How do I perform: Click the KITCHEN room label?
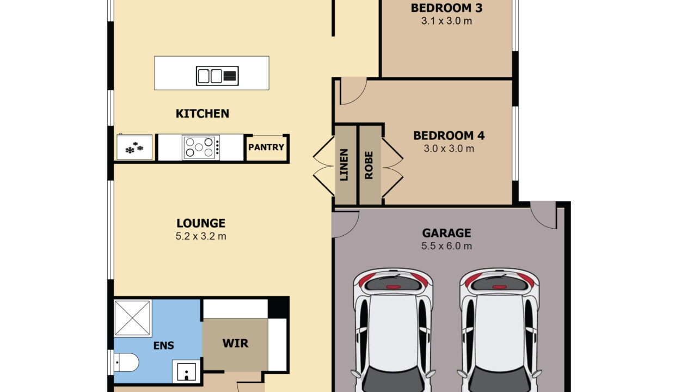tap(202, 114)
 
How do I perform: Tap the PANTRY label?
tap(266, 148)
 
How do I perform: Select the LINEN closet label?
tap(344, 164)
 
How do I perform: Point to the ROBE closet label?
tap(369, 165)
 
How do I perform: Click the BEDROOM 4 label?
tap(449, 136)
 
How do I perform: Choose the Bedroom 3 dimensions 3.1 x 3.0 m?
tap(446, 21)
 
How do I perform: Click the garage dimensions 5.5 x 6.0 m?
tap(446, 246)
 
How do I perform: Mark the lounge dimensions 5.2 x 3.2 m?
tap(201, 236)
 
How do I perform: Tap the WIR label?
tap(235, 343)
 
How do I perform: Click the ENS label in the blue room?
tap(164, 345)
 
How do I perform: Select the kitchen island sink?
tap(217, 76)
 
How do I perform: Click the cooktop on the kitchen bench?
tap(201, 148)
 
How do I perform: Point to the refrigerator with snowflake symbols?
tap(134, 147)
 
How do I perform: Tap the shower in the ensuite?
tap(133, 318)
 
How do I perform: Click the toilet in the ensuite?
tap(126, 363)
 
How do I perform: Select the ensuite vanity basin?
tap(187, 372)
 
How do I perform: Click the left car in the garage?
tap(393, 330)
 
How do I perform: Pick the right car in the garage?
tap(500, 330)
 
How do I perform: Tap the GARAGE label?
tap(446, 233)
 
